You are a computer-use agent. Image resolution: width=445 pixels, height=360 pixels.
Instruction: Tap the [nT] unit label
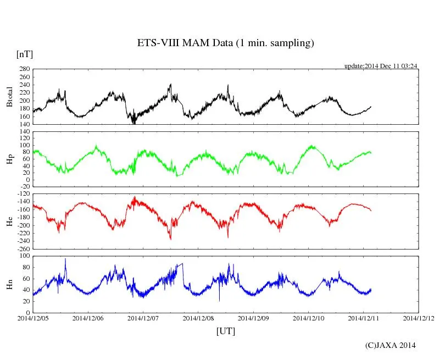click(x=24, y=54)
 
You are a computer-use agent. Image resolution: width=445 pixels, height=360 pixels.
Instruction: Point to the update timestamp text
click(x=380, y=66)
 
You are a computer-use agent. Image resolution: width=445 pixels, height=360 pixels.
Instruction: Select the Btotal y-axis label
click(x=9, y=97)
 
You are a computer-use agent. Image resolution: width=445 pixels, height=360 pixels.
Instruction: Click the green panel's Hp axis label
click(x=9, y=159)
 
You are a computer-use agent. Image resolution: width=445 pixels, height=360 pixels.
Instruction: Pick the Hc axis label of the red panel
click(x=9, y=221)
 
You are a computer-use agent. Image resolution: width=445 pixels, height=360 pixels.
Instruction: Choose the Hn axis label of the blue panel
click(x=9, y=284)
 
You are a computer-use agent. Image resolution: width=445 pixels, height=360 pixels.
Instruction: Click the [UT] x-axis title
click(x=225, y=331)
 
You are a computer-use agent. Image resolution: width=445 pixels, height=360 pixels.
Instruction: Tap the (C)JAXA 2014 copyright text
click(x=391, y=345)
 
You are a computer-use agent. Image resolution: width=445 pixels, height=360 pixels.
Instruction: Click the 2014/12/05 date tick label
click(x=33, y=318)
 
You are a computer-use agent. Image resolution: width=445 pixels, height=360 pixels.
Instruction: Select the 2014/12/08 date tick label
click(x=198, y=318)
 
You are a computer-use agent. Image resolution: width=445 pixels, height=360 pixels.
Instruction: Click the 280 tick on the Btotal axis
click(x=24, y=69)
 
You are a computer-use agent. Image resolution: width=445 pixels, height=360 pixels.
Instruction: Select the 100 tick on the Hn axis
click(x=24, y=256)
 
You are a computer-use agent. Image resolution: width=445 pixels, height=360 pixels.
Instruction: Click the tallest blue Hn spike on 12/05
click(x=65, y=259)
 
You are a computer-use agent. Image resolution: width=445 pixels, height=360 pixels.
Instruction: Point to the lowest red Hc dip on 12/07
click(x=170, y=239)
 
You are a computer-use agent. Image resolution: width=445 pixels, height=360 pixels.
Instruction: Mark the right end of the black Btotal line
click(x=371, y=107)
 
